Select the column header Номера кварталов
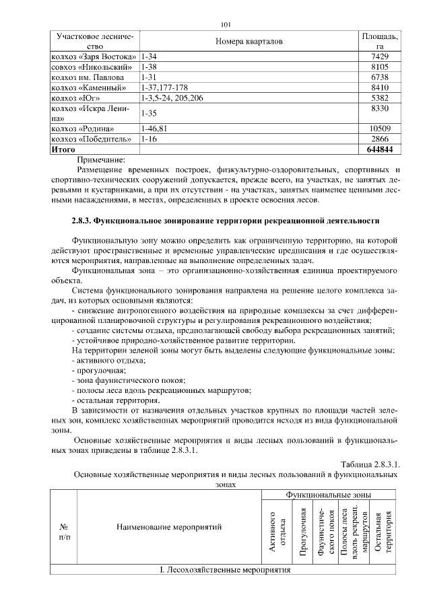click(x=248, y=42)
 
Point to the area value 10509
click(x=380, y=129)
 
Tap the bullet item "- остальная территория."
click(x=115, y=400)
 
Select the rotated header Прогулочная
click(x=303, y=532)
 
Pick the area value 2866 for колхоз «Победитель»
click(x=380, y=139)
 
